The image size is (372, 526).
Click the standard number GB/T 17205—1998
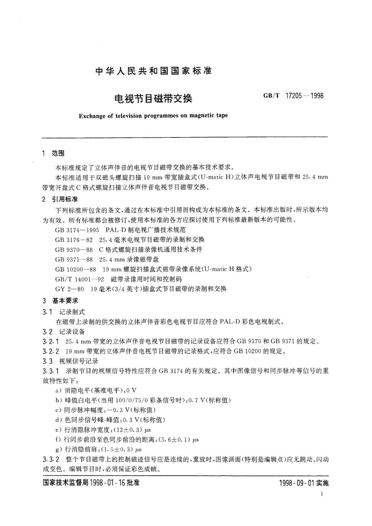293,96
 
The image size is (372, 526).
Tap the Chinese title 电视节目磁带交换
153,99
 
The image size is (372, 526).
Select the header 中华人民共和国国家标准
153,71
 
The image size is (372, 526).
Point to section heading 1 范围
53,153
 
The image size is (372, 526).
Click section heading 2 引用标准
60,199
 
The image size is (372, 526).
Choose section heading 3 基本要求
60,301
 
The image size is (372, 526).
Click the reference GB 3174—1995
77,230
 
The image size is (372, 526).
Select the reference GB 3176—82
73,240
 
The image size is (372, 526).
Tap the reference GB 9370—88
73,249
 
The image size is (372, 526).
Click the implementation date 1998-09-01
296,483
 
